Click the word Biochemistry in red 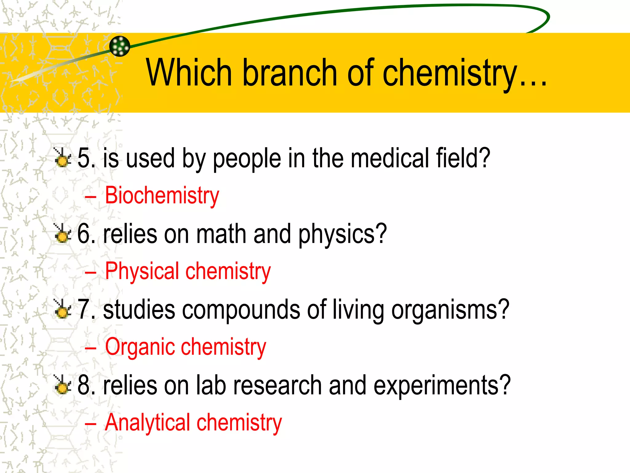tap(162, 196)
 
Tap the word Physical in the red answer tap(142, 271)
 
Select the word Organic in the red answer tap(140, 347)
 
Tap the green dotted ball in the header tap(120, 46)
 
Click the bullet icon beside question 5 tap(62, 158)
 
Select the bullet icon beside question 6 tap(62, 233)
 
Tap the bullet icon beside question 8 tap(62, 385)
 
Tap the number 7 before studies tap(84, 309)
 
